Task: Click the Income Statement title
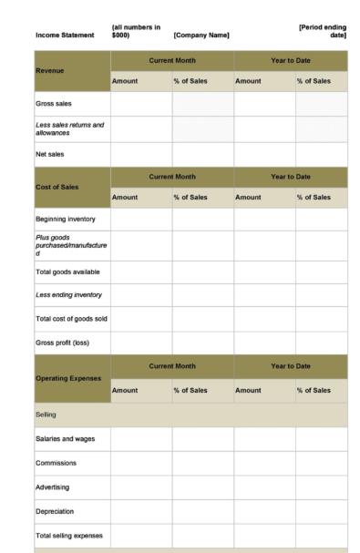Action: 64,36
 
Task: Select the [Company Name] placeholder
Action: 201,36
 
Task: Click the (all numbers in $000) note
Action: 136,31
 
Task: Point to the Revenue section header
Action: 51,70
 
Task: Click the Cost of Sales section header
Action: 57,186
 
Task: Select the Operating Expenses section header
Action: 67,377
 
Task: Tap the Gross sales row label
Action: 55,105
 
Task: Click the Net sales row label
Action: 51,155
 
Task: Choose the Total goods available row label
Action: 67,271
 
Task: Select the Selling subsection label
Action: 46,415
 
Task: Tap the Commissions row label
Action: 57,463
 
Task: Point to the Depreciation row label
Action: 57,511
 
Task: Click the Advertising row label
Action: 55,487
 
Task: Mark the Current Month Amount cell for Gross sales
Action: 141,105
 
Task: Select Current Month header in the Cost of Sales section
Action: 172,176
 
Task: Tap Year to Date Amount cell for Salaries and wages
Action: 264,439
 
